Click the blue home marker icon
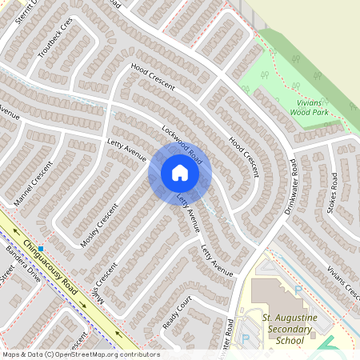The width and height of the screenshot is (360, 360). pos(180,173)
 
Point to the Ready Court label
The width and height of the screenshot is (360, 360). pos(178,315)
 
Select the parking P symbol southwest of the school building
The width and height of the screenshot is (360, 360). pos(246,338)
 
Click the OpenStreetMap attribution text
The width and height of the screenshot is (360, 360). pos(80,354)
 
